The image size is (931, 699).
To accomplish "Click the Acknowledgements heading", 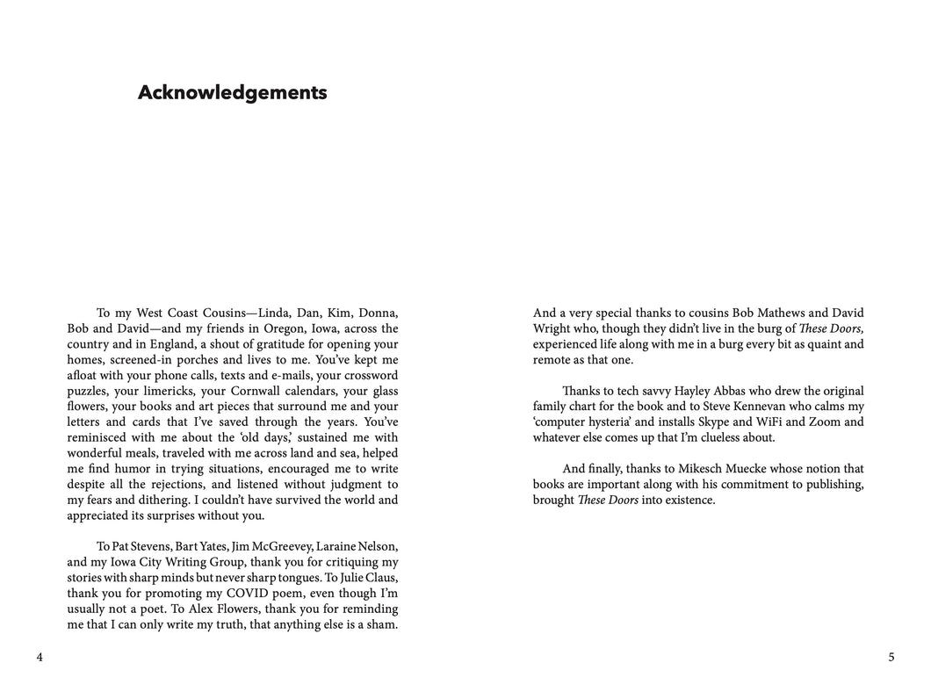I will [232, 93].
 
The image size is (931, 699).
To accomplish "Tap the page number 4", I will [40, 657].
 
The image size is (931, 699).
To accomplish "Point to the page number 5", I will [891, 657].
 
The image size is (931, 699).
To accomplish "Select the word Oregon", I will [285, 328].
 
